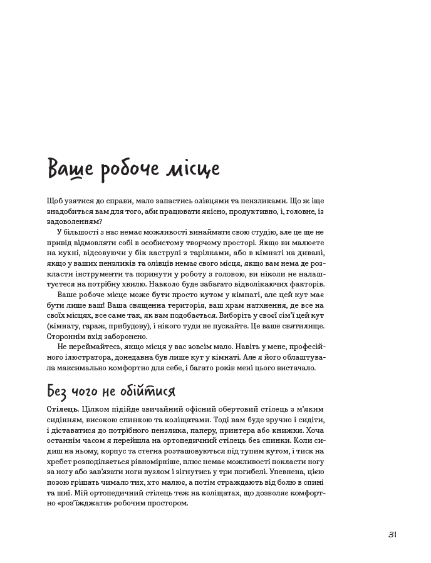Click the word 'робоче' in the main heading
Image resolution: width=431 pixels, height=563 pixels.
pyautogui.click(x=122, y=170)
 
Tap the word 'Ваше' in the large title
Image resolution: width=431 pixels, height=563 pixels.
pyautogui.click(x=70, y=170)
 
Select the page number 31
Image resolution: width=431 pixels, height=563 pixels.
pyautogui.click(x=392, y=534)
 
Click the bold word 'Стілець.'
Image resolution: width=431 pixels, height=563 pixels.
pyautogui.click(x=62, y=408)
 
